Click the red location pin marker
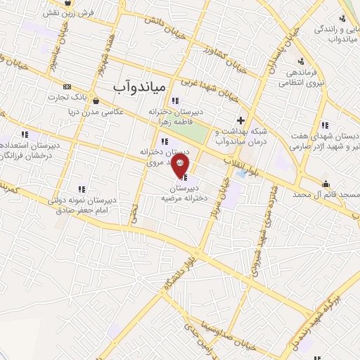coord(180,162)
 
